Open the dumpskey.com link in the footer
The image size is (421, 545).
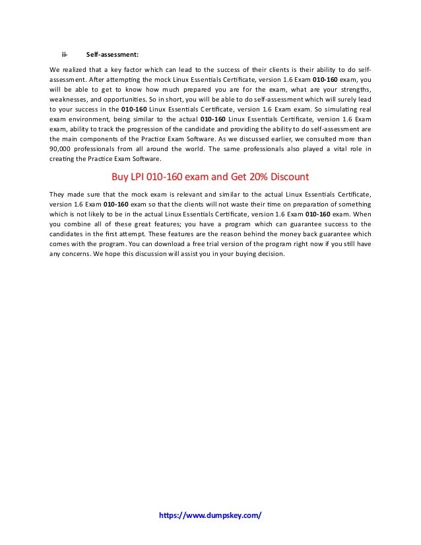(x=210, y=514)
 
